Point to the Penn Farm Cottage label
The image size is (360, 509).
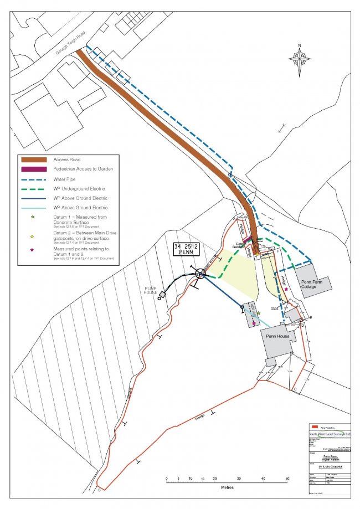[313, 284]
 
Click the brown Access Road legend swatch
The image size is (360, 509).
[34, 160]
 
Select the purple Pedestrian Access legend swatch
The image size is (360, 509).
[34, 169]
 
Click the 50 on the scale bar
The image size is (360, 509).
[287, 478]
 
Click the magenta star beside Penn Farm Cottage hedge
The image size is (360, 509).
[286, 290]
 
